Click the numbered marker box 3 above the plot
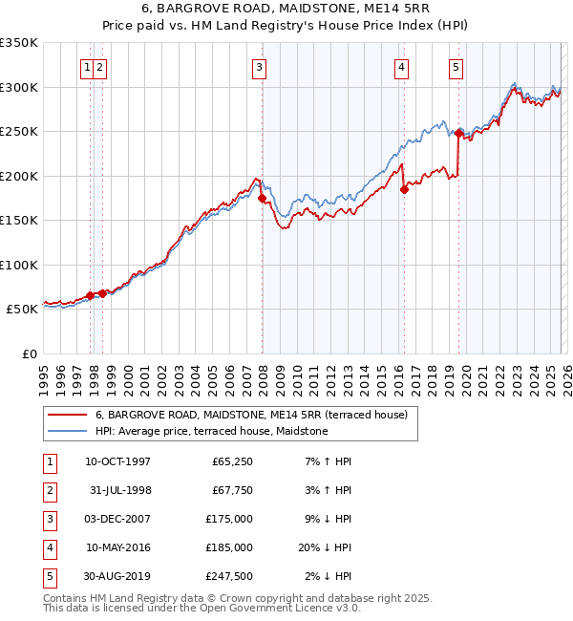pyautogui.click(x=259, y=67)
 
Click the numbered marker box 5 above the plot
pyautogui.click(x=456, y=67)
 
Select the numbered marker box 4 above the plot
pyautogui.click(x=401, y=67)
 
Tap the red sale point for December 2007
pyautogui.click(x=262, y=199)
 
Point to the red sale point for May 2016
pyautogui.click(x=404, y=189)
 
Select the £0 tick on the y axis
pyautogui.click(x=29, y=353)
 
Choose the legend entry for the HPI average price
pyautogui.click(x=211, y=431)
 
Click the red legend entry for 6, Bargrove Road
pyautogui.click(x=251, y=415)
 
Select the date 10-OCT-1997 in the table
pyautogui.click(x=117, y=461)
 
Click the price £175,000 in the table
pyautogui.click(x=229, y=519)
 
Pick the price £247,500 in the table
pyautogui.click(x=229, y=576)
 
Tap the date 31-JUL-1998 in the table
pyautogui.click(x=117, y=490)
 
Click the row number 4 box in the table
pyautogui.click(x=48, y=547)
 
